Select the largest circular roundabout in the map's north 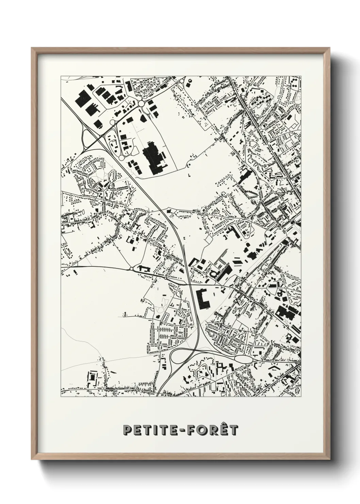141,103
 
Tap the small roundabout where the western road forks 131,269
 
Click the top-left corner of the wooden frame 32,48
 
